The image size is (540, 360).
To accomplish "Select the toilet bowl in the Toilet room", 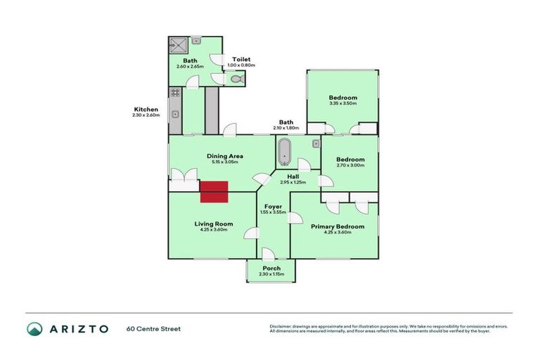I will [236, 80].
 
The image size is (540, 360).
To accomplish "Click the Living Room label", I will [213, 224].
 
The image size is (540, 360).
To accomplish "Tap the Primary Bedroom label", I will [339, 226].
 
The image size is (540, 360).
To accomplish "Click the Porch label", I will [271, 268].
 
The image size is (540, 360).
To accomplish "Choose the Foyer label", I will [273, 206].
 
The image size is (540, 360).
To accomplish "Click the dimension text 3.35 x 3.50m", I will [343, 103].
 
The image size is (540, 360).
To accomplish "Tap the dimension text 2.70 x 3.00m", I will [349, 165].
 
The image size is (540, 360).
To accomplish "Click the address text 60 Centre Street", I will [154, 328].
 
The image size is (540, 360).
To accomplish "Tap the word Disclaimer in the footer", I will [283, 326].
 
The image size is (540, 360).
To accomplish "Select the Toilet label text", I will [240, 59].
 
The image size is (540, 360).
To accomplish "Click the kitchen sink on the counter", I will [175, 112].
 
